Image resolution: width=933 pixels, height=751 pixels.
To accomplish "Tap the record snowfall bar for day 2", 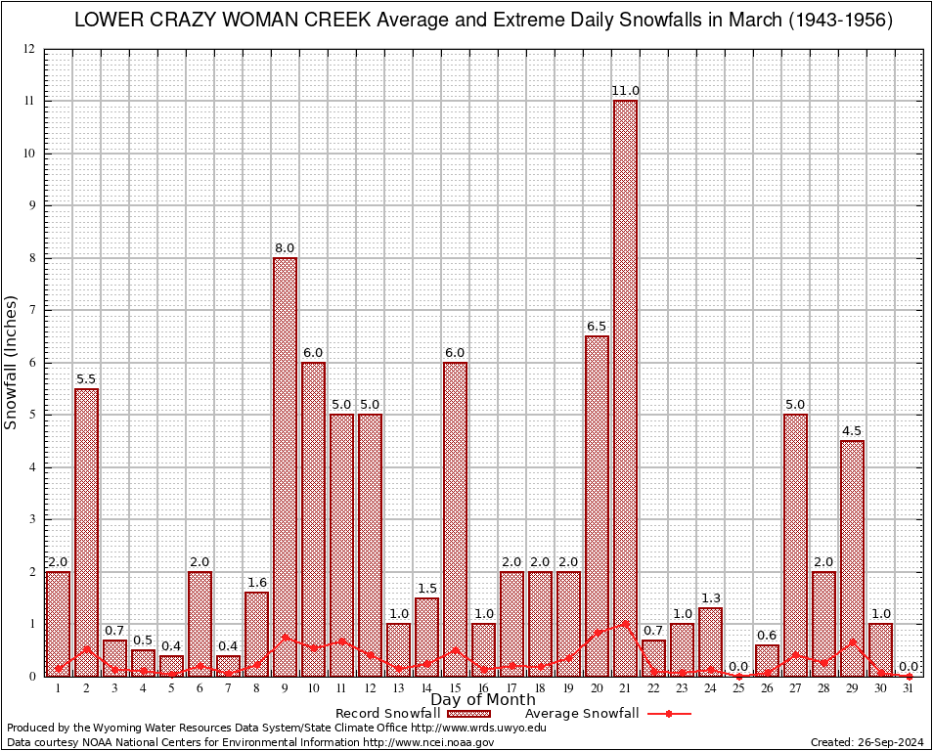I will tap(86, 532).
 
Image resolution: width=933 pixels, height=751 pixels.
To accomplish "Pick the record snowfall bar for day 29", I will tap(852, 557).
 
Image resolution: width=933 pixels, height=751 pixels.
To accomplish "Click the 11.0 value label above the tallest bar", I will tap(625, 91).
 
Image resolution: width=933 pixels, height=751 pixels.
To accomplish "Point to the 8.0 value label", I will tap(285, 248).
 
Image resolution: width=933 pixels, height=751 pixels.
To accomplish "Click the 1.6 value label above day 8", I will tap(256, 583).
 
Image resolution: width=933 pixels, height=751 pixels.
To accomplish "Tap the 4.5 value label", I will tap(852, 431).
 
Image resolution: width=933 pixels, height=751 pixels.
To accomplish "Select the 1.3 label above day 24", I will tap(710, 598).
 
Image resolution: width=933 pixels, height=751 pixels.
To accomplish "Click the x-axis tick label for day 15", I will tap(455, 688).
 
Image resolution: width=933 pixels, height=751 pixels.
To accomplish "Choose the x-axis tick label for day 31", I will tap(909, 688).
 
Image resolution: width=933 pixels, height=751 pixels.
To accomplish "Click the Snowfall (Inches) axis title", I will tap(12, 362).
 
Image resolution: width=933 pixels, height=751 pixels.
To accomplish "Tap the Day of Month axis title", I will tap(482, 699).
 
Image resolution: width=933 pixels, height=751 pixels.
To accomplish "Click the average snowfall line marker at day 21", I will tap(625, 623).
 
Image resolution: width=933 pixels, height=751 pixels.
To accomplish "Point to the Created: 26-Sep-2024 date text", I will tap(866, 742).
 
